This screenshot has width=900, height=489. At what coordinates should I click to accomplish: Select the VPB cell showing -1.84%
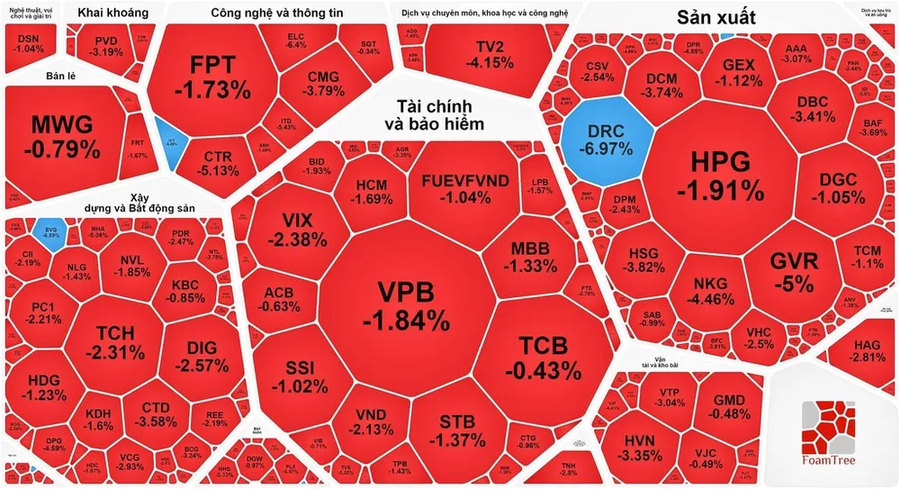pyautogui.click(x=405, y=303)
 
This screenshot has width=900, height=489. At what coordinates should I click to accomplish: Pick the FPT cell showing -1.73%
pyautogui.click(x=212, y=76)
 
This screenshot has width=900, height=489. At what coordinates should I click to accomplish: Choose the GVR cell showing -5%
pyautogui.click(x=794, y=271)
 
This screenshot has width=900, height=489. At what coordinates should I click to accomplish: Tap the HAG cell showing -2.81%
pyautogui.click(x=868, y=351)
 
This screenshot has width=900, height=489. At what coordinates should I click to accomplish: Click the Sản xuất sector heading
pyautogui.click(x=715, y=17)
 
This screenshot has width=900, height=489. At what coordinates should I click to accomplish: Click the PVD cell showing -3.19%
pyautogui.click(x=107, y=46)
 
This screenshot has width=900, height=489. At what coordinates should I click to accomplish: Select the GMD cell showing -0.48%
pyautogui.click(x=731, y=407)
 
